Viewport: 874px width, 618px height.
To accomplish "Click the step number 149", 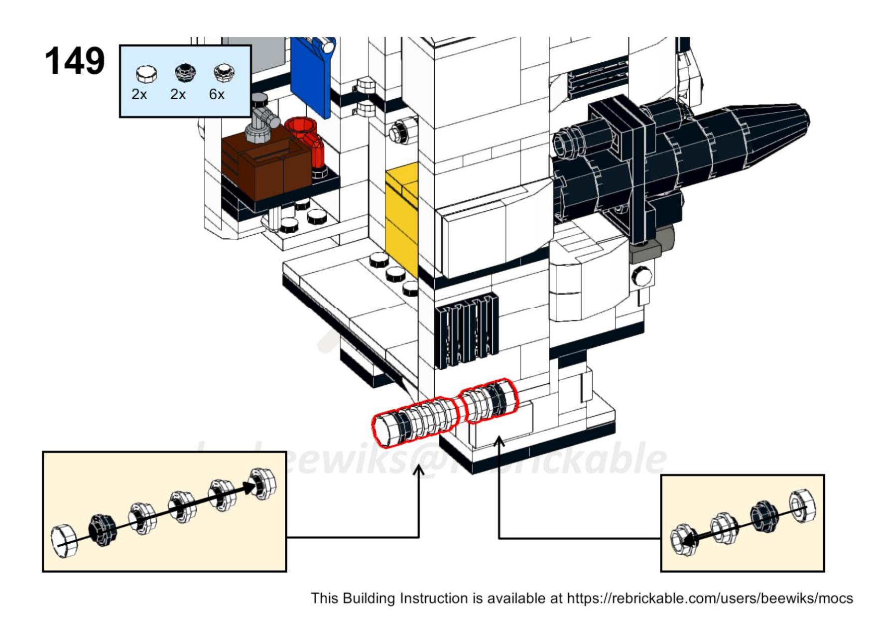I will point(75,61).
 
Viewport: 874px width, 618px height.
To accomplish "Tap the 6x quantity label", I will point(217,94).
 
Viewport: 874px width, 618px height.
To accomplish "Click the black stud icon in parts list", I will point(185,73).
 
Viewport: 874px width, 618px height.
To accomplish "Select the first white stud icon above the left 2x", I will point(146,74).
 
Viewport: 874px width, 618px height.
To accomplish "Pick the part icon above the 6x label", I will point(224,73).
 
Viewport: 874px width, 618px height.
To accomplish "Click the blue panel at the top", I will point(311,75).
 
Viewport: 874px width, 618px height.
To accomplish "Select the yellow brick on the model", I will point(402,219).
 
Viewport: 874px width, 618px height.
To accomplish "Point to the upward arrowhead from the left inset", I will point(419,470).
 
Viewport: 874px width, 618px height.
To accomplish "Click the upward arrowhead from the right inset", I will point(499,441).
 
